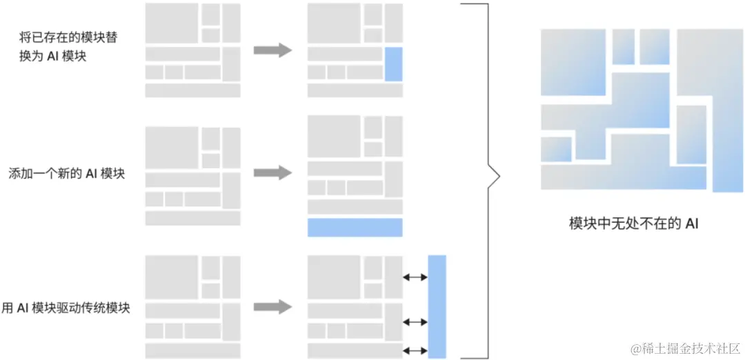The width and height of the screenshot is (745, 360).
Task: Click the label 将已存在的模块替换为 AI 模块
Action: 68,47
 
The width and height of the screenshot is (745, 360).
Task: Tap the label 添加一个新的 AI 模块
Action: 66,174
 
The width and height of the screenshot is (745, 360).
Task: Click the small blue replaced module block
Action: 393,64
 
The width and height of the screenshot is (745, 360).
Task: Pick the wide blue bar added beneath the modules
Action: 355,228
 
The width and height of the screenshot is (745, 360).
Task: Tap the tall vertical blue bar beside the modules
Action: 437,306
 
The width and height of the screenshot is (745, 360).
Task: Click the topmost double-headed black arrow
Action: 415,277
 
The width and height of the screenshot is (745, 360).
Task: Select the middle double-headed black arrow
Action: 415,322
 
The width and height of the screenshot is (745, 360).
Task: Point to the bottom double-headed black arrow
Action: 415,350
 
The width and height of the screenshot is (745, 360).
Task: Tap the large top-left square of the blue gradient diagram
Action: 573,63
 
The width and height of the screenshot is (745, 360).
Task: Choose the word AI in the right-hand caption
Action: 691,223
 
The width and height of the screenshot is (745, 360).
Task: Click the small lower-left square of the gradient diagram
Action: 556,149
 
